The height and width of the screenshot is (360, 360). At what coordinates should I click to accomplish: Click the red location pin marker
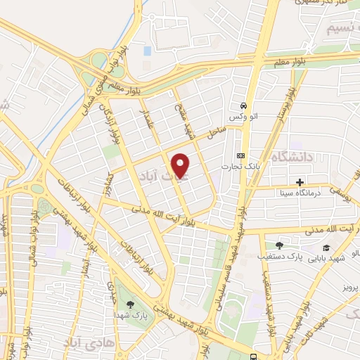181,166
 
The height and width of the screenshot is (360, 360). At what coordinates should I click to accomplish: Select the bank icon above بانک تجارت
241,155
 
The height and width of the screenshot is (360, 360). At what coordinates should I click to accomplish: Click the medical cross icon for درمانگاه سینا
300,181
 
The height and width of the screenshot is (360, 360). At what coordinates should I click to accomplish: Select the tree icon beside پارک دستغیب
279,245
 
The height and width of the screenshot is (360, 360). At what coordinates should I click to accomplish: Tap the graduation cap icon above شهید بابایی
326,247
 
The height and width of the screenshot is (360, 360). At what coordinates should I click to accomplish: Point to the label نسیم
344,29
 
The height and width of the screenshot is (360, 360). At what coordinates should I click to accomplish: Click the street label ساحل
214,131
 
